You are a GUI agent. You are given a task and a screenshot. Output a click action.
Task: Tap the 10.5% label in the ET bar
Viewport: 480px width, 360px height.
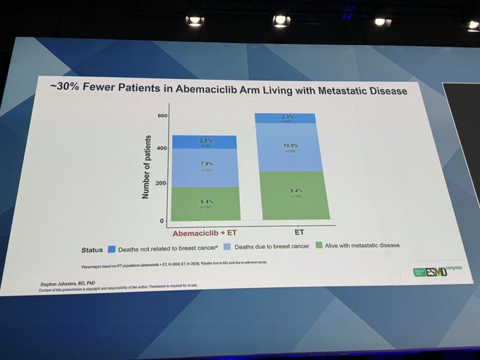(x=290, y=145)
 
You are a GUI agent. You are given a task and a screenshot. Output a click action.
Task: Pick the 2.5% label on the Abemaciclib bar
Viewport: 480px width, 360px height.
(x=205, y=141)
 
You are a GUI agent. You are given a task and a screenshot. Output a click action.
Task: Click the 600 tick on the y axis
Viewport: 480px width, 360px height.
(x=162, y=115)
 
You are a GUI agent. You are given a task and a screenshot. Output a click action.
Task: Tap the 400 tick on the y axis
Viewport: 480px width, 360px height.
(x=162, y=148)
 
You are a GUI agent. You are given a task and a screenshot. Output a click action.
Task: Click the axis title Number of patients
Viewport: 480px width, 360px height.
(x=145, y=167)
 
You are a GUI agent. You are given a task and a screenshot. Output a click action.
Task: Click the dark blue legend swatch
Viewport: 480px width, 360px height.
(x=112, y=248)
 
